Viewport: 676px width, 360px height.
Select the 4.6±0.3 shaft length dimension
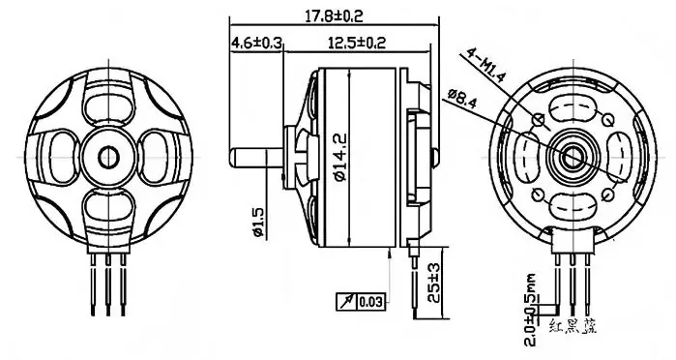256,44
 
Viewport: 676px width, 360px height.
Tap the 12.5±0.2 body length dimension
357,44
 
